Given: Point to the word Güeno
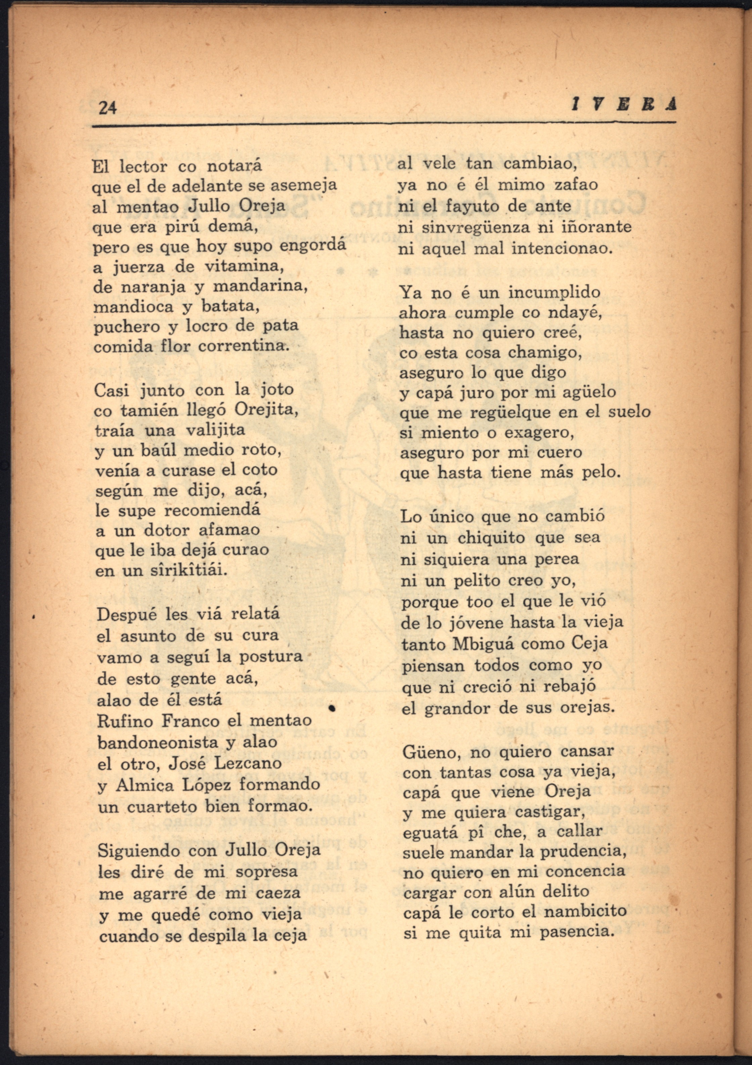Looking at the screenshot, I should [431, 752].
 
